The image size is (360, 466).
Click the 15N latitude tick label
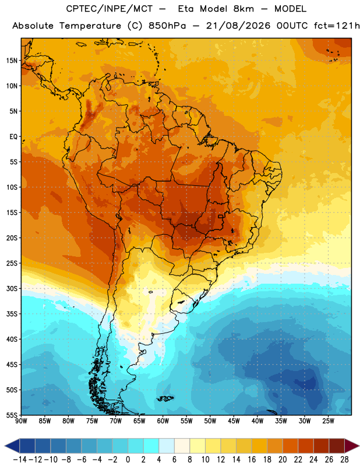[12, 61]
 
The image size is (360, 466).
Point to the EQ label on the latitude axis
[13, 137]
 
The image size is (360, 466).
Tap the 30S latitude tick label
[12, 288]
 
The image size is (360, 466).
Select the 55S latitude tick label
[12, 415]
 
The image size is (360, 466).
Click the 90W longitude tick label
[21, 421]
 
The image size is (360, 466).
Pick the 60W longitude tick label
[163, 421]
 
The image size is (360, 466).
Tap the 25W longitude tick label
[328, 421]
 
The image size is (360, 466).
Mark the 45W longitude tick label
[234, 421]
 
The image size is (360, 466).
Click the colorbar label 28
[344, 460]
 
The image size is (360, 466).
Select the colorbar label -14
[20, 460]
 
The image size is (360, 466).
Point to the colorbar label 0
[128, 460]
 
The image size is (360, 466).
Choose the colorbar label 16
[252, 460]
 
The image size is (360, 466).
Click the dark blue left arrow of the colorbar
[12, 446]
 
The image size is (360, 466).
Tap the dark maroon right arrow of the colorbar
[352, 446]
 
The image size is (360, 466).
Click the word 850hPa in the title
[167, 26]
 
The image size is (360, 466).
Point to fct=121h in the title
[337, 26]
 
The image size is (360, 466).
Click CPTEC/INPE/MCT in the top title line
[109, 9]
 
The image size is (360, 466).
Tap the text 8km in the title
[243, 9]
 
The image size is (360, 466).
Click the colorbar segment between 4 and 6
[167, 446]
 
